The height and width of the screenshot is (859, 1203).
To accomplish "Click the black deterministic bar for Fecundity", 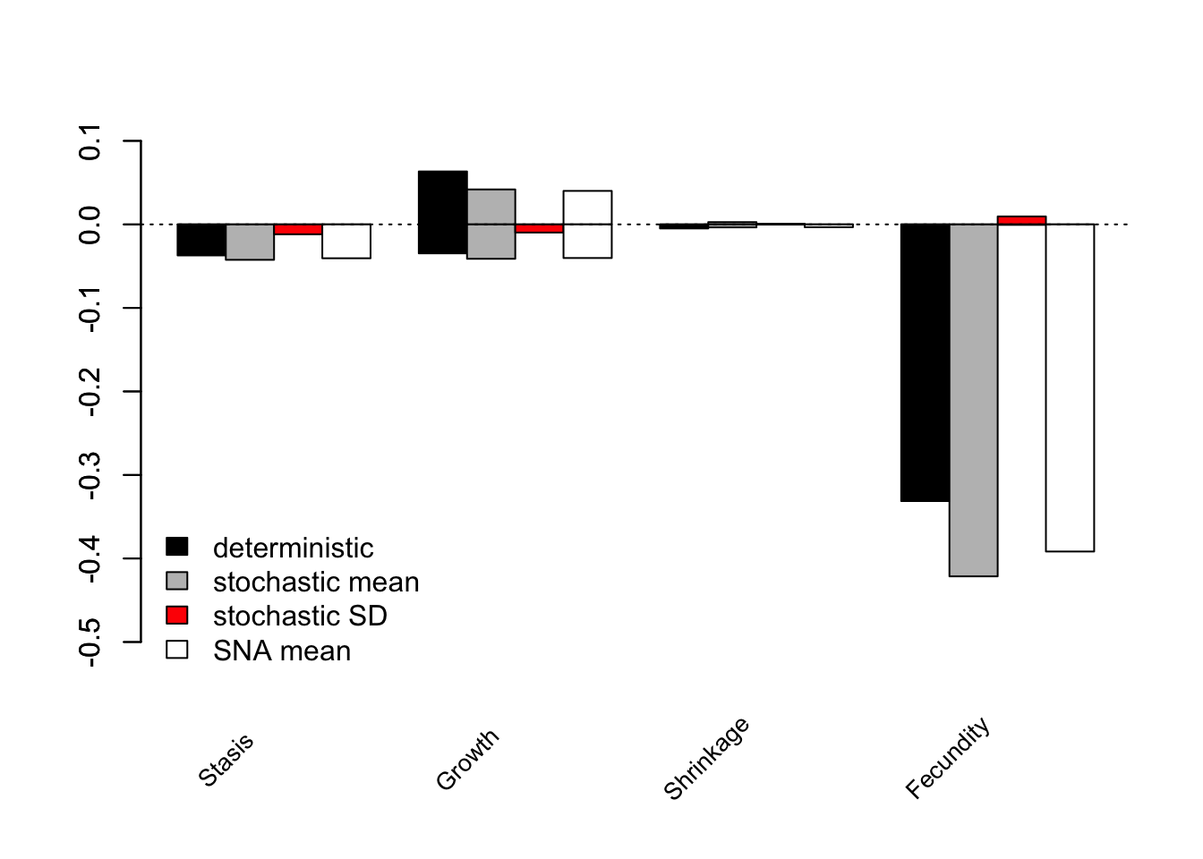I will [925, 362].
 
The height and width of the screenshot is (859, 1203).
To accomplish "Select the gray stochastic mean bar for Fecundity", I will [973, 400].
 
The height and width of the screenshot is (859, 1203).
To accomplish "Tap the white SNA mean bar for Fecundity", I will [1070, 387].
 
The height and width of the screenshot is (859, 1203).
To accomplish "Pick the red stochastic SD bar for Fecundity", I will [1021, 220].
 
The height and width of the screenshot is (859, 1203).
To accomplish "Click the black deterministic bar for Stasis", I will [201, 240].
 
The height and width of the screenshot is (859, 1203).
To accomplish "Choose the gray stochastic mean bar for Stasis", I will [250, 242].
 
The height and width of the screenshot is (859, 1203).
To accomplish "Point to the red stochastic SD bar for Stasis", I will [298, 229].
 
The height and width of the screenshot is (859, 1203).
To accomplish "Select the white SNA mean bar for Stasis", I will [346, 241].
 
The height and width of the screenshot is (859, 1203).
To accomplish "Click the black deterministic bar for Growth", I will [442, 212].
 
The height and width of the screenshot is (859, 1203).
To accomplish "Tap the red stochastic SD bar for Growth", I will [539, 228].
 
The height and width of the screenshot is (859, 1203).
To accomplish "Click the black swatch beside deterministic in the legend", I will [177, 547].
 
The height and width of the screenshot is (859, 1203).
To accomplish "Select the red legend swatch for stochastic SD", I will [177, 616].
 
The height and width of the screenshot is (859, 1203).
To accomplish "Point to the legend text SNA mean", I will [281, 651].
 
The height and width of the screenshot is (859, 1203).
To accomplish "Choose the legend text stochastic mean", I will [315, 582].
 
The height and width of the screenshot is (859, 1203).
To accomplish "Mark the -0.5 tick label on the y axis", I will [90, 642].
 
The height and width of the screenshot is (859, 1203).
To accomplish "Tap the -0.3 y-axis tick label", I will [90, 475].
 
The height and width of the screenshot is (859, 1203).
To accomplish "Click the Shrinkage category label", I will [706, 759].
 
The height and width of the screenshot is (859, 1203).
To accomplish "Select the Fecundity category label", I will [948, 758].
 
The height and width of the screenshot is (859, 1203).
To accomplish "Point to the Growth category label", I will [467, 760].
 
